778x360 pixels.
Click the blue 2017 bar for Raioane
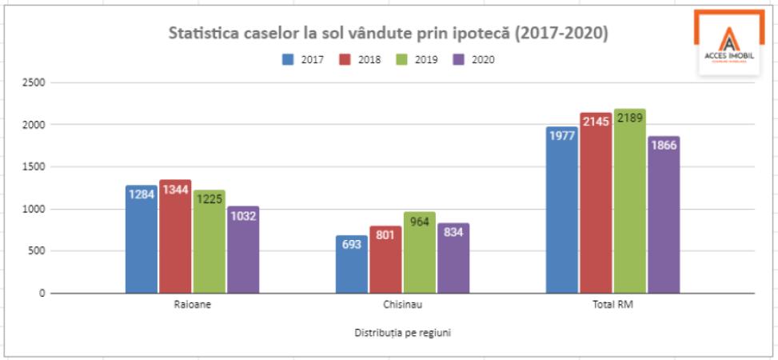(142, 239)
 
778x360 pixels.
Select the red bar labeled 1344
(175, 236)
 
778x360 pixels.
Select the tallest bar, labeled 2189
(629, 201)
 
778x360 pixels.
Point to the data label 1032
(242, 215)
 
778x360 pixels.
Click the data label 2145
(596, 122)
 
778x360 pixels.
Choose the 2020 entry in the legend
(473, 59)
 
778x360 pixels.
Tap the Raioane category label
(192, 306)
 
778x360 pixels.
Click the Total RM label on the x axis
(612, 306)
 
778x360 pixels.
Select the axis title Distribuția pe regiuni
(402, 333)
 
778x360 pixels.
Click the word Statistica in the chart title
(195, 34)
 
